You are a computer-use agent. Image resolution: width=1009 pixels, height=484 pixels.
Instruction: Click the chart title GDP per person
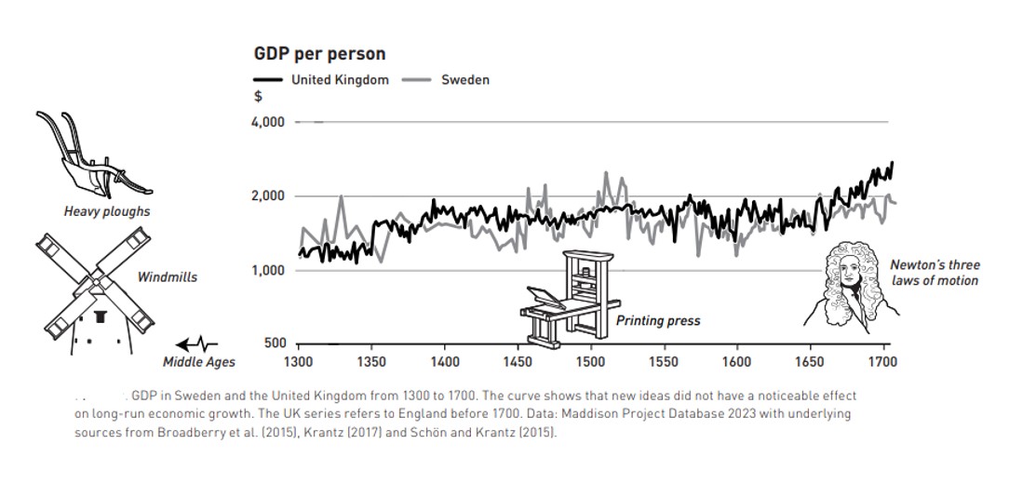coord(319,55)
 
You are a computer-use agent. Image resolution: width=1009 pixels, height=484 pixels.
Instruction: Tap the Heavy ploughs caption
coord(107,211)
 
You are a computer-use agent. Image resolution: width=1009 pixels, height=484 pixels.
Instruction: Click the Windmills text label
coord(168,276)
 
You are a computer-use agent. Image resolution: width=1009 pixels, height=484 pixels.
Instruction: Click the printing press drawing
coord(568,297)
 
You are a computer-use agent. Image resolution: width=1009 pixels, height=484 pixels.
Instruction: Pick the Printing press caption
coord(658,321)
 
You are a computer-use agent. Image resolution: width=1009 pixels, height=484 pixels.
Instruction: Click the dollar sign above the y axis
coord(258,96)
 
